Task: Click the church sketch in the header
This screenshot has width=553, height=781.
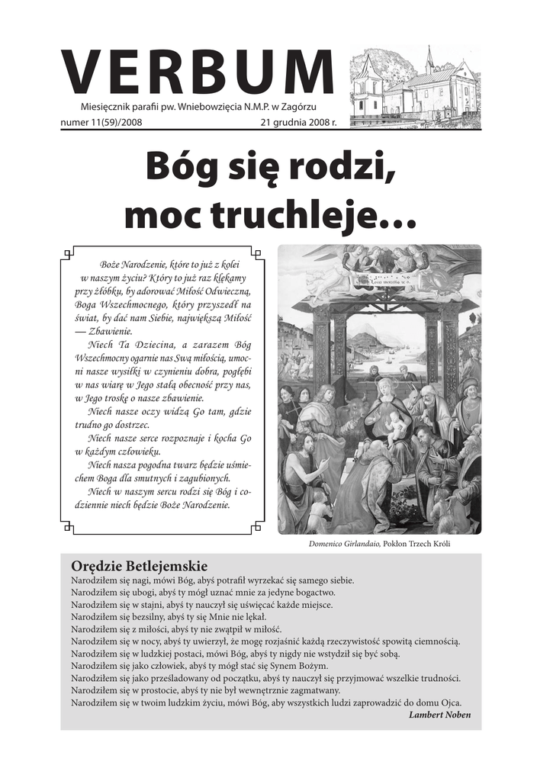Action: point(416,85)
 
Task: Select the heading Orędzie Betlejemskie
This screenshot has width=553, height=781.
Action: point(139,566)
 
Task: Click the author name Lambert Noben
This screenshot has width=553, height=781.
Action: point(439,715)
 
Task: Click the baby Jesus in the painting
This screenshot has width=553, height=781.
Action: point(397,428)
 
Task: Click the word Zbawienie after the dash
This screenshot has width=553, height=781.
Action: point(111,331)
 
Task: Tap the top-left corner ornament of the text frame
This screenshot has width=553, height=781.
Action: point(68,252)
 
